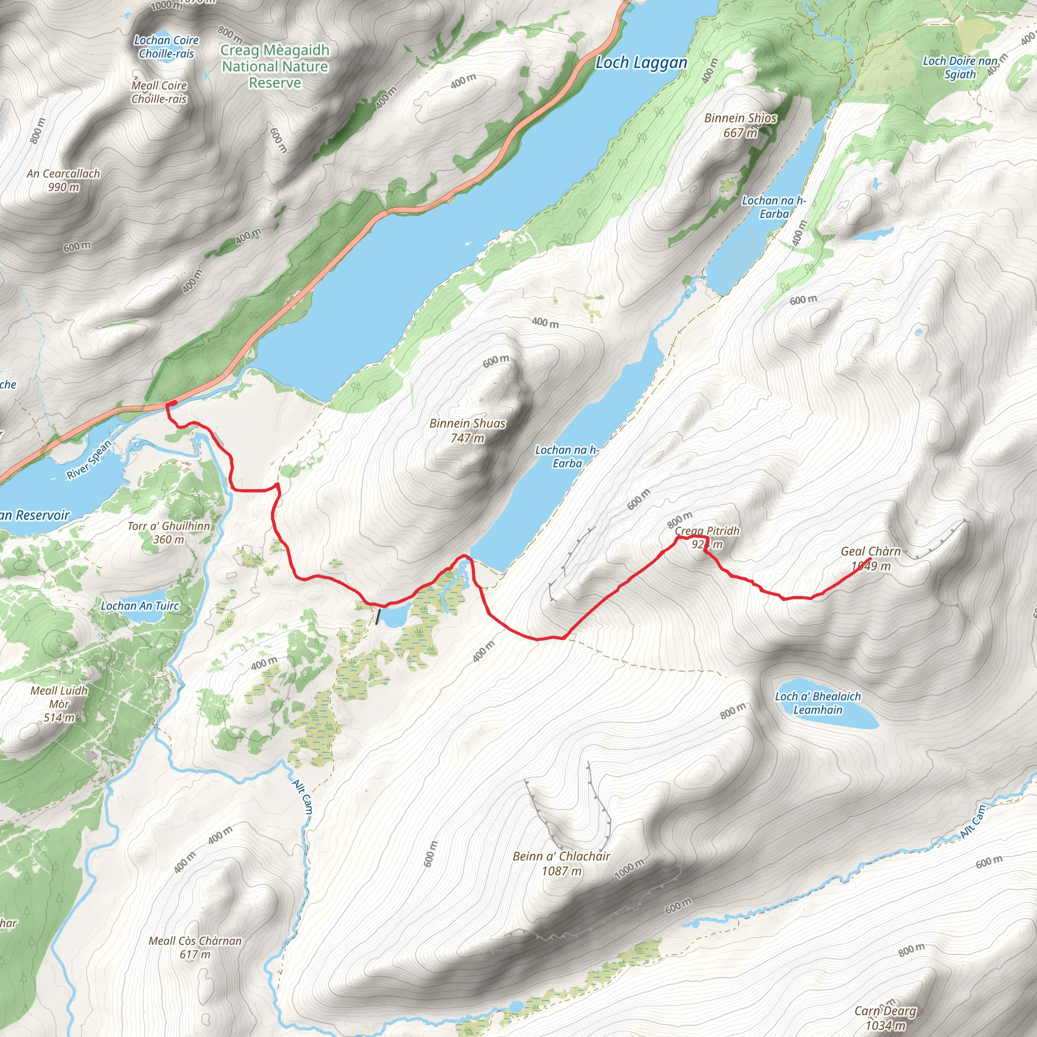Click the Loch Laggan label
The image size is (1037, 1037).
642,63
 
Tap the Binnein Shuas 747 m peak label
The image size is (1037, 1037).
467,430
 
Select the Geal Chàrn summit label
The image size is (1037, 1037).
870,558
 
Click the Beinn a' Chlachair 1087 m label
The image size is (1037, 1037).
562,863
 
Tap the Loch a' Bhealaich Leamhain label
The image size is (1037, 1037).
817,703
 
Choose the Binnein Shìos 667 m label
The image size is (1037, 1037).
740,125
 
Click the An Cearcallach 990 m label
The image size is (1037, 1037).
63,180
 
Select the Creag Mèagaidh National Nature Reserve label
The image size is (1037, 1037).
275,66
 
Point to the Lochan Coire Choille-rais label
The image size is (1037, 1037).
167,47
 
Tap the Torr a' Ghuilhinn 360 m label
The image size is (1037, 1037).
169,533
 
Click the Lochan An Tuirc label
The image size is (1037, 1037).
140,606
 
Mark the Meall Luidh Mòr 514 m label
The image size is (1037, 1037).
59,704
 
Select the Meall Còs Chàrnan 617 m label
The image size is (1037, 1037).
195,947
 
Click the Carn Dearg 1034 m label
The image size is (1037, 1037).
886,1018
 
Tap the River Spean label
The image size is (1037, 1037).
89,459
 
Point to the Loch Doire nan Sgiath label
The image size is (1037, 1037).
960,68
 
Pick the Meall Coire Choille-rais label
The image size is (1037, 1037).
159,92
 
